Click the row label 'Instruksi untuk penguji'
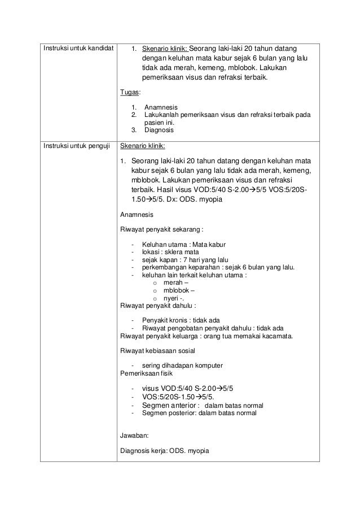click(x=75, y=146)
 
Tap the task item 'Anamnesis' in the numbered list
click(x=161, y=107)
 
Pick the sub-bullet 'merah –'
click(x=175, y=283)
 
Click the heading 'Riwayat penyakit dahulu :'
click(x=159, y=306)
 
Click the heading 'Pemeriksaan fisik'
click(x=146, y=373)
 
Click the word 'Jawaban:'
click(x=135, y=436)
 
